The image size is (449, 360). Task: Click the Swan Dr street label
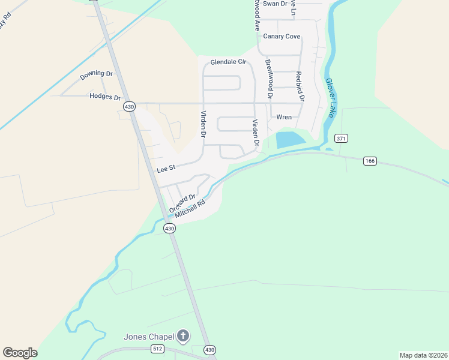click(275, 4)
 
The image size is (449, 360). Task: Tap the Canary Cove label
click(282, 37)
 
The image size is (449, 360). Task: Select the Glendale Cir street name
click(228, 62)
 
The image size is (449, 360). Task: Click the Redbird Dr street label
click(300, 86)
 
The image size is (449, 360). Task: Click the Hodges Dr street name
click(105, 97)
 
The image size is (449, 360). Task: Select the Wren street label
click(283, 117)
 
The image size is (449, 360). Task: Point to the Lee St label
click(165, 170)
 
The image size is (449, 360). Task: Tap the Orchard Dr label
click(182, 203)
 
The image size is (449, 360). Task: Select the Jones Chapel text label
click(150, 336)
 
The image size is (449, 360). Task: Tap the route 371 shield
click(342, 139)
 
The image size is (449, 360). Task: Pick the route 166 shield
click(370, 160)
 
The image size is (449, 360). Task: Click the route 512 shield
click(157, 349)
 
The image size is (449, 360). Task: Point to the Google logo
click(20, 353)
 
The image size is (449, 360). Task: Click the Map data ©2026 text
click(424, 355)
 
